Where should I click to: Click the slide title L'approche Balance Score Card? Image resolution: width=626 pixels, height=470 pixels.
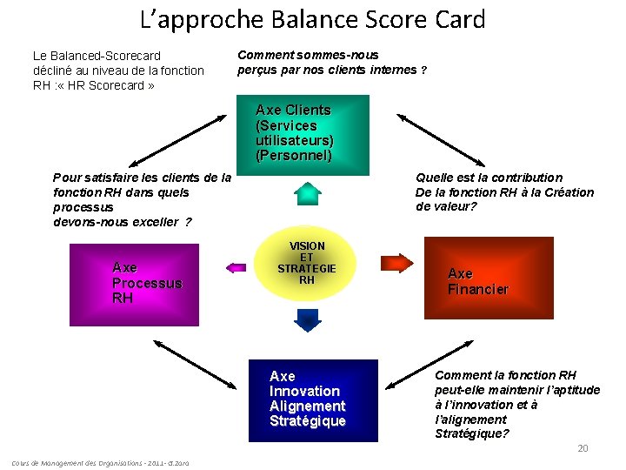pyautogui.click(x=312, y=19)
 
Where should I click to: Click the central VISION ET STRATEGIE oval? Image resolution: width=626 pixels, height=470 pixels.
pyautogui.click(x=307, y=264)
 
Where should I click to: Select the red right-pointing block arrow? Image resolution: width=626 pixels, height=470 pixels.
pyautogui.click(x=396, y=262)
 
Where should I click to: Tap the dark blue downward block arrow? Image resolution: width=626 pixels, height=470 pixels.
pyautogui.click(x=307, y=319)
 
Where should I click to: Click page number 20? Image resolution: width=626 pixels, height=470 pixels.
pyautogui.click(x=583, y=448)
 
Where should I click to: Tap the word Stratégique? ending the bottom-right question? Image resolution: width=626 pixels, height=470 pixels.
pyautogui.click(x=472, y=433)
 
